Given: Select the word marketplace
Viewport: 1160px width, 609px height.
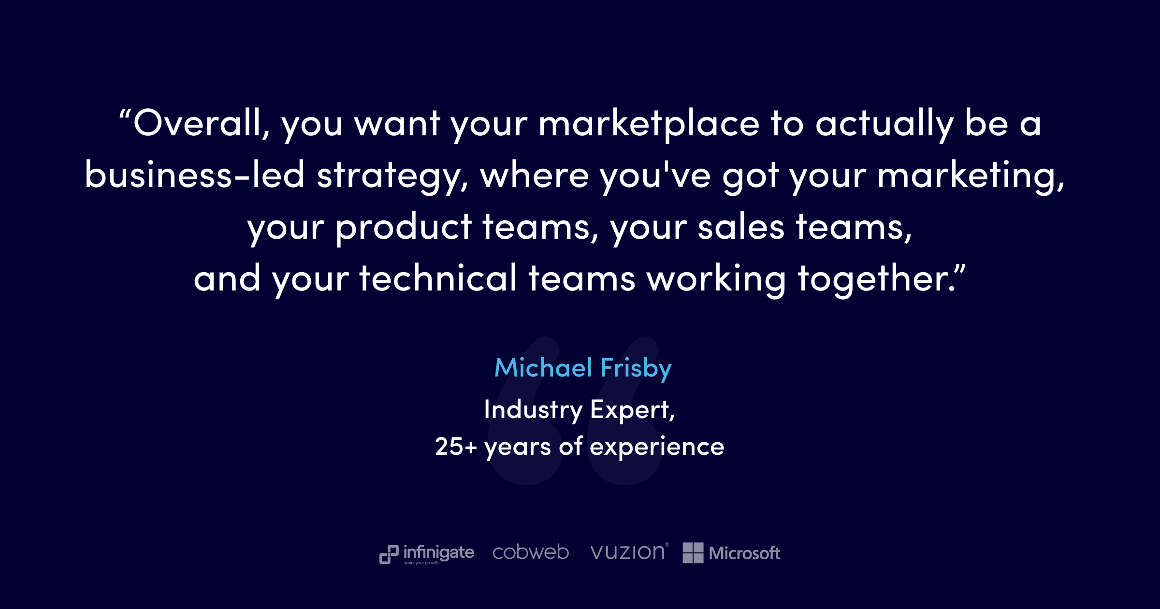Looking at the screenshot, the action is [x=649, y=125].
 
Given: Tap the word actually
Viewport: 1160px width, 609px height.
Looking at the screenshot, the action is [x=885, y=125].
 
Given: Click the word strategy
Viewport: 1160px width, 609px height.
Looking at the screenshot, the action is [x=392, y=177].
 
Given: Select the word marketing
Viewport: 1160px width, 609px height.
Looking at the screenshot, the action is [x=971, y=177].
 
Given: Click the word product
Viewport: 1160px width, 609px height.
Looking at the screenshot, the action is [x=404, y=229].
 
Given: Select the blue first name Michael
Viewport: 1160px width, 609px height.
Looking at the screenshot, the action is [x=543, y=368].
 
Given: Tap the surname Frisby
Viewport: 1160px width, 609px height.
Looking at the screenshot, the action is [x=636, y=370].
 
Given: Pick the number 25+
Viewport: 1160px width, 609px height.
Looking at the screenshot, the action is [x=456, y=446].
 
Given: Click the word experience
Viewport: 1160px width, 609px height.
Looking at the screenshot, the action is [x=657, y=448].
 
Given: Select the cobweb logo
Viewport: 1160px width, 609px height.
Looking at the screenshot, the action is [x=531, y=552].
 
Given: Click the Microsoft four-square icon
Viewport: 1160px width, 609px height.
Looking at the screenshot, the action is [x=693, y=552].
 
